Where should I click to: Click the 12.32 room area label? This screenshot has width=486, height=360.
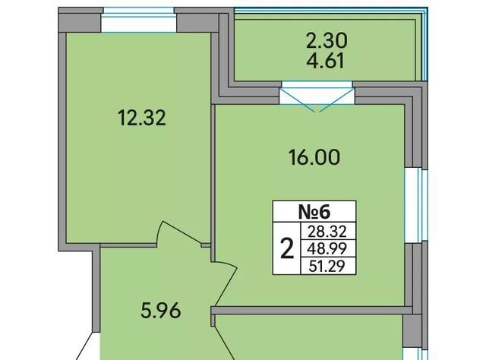[x=142, y=118]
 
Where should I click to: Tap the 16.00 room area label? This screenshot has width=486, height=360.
[x=314, y=157]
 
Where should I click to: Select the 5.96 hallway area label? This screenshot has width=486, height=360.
[x=160, y=311]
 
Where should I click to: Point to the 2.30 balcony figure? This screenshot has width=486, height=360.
[x=327, y=41]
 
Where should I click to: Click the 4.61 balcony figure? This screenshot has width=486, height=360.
[x=325, y=61]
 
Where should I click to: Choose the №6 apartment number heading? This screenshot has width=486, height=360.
[x=314, y=212]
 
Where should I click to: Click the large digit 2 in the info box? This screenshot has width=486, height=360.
[x=287, y=249]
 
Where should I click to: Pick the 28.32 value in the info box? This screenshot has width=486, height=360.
[x=327, y=232]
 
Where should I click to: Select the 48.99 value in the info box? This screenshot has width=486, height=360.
[x=327, y=248]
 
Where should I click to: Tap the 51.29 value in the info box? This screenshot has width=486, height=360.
[x=327, y=266]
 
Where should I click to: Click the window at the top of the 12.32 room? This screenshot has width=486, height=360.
[x=138, y=21]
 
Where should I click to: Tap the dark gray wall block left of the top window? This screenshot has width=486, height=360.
[x=80, y=20]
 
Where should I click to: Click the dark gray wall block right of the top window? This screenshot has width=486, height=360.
[x=198, y=20]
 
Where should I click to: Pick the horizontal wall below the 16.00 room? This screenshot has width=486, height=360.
[x=311, y=310]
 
